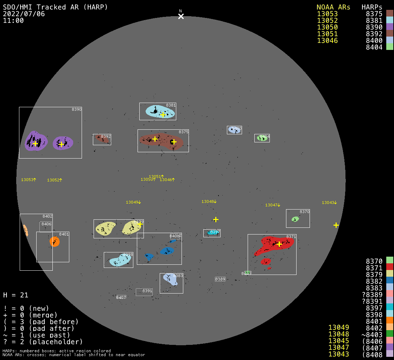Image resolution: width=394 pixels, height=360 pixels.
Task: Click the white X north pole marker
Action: pyautogui.click(x=181, y=16)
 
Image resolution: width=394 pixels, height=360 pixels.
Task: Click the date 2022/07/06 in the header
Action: pyautogui.click(x=24, y=14)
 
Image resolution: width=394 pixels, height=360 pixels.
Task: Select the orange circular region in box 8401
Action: pyautogui.click(x=55, y=242)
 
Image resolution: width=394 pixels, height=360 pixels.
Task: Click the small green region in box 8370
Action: pyautogui.click(x=295, y=219)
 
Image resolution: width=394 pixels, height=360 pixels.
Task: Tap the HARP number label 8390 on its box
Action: pyautogui.click(x=76, y=109)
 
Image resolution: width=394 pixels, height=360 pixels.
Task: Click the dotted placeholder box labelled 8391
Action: pyautogui.click(x=144, y=292)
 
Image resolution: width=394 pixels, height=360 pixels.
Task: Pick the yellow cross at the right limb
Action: pyautogui.click(x=336, y=225)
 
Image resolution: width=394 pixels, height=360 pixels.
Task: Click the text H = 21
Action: pyautogui.click(x=16, y=295)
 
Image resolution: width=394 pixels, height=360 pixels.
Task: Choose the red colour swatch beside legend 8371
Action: pyautogui.click(x=389, y=267)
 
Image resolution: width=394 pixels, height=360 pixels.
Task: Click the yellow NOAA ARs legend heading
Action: pyautogui.click(x=333, y=7)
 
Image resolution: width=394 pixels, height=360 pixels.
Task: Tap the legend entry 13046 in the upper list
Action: pyautogui.click(x=327, y=40)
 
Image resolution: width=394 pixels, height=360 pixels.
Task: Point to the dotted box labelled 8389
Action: pyautogui.click(x=220, y=279)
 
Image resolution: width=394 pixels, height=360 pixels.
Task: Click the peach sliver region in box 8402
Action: pyautogui.click(x=25, y=230)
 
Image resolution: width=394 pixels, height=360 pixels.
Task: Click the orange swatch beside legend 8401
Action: pyautogui.click(x=389, y=321)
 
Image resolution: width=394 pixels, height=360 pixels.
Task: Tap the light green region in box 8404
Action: pyautogui.click(x=262, y=138)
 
